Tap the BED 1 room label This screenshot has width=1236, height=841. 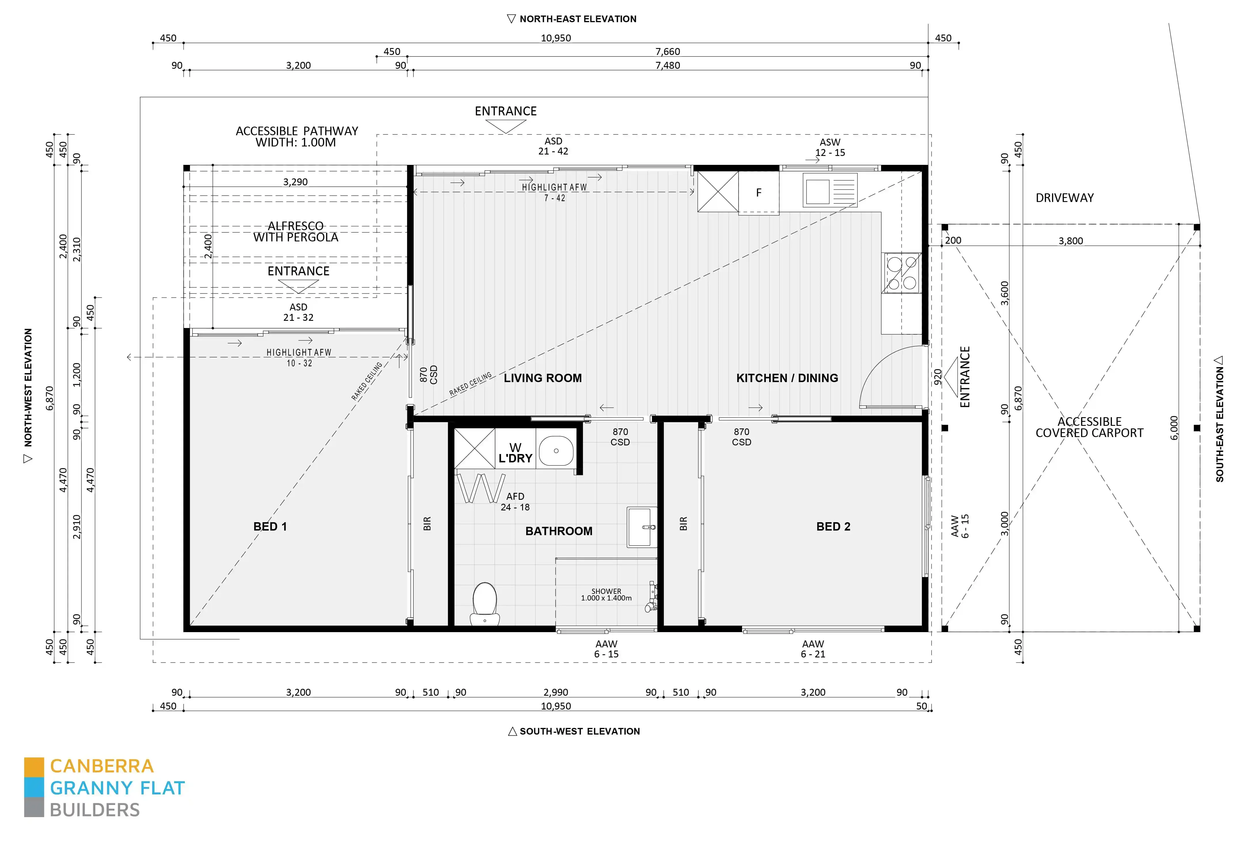tap(270, 526)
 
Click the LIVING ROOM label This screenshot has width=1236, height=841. tap(543, 378)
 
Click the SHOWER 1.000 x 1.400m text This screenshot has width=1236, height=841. tap(606, 594)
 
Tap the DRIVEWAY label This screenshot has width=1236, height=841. tap(1064, 198)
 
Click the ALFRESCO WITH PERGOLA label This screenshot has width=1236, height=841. tap(296, 232)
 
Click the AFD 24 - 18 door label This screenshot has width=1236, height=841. tap(515, 501)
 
